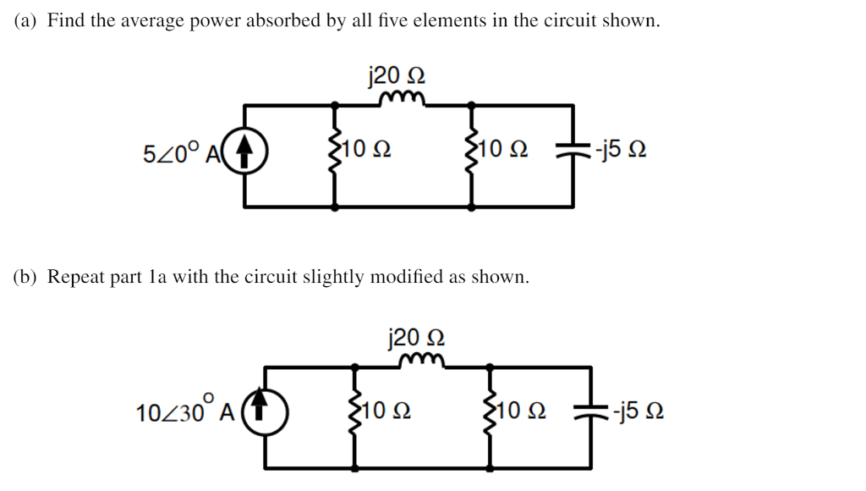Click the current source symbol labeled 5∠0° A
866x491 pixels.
pyautogui.click(x=245, y=155)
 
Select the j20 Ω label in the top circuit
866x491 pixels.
pyautogui.click(x=396, y=75)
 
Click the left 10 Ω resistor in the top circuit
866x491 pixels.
pyautogui.click(x=337, y=154)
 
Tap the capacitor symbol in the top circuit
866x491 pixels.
pyautogui.click(x=573, y=153)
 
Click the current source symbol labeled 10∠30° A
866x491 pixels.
pyautogui.click(x=266, y=415)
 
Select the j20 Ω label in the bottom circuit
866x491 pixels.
pyautogui.click(x=415, y=337)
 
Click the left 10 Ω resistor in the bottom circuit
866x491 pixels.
pyautogui.click(x=355, y=415)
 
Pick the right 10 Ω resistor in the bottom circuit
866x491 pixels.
pyautogui.click(x=491, y=415)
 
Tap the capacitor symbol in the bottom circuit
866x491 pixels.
pyautogui.click(x=591, y=414)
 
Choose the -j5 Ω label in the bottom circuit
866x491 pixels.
pyautogui.click(x=638, y=414)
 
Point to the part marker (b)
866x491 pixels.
pyautogui.click(x=26, y=277)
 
